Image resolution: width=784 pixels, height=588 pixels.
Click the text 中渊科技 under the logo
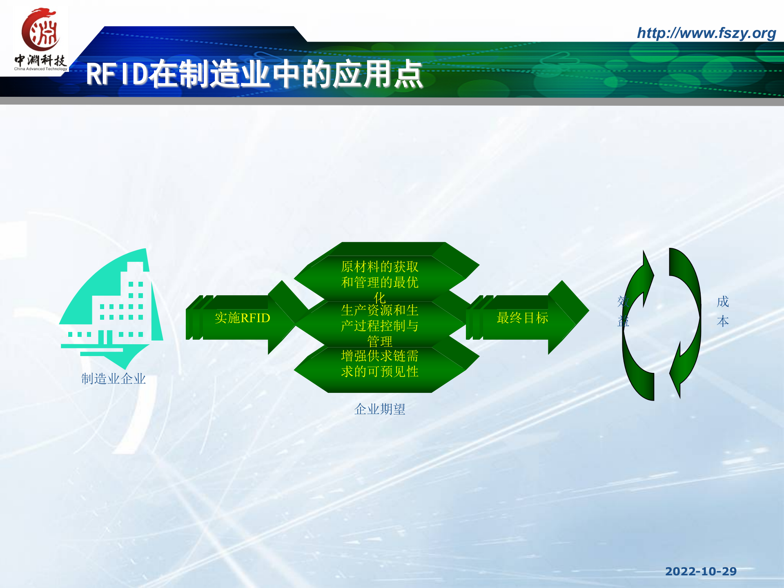(x=40, y=60)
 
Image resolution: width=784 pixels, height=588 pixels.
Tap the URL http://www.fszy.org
(x=706, y=33)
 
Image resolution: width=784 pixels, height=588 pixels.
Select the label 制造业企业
(x=114, y=379)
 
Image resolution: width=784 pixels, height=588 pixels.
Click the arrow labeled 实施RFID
(x=243, y=318)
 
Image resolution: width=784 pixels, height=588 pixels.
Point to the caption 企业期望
(x=379, y=409)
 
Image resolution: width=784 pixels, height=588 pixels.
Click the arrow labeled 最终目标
(x=522, y=318)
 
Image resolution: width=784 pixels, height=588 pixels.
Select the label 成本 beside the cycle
(x=722, y=311)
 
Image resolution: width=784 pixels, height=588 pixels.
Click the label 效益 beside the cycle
(x=623, y=311)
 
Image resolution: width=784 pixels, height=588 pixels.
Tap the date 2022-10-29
(x=701, y=571)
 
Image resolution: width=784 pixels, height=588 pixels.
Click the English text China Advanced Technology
(x=40, y=69)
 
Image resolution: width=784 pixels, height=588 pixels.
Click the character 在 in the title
(x=163, y=75)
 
